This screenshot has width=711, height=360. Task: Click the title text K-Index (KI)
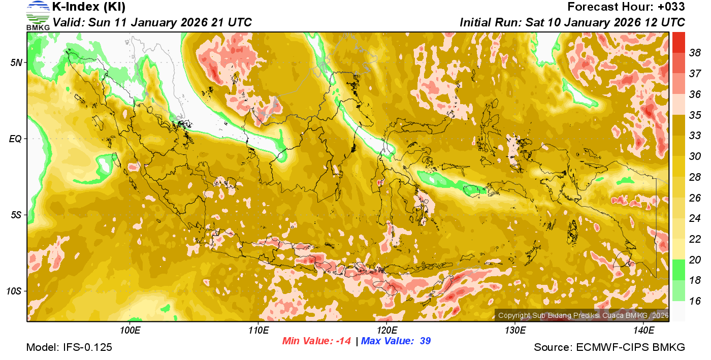(x=89, y=7)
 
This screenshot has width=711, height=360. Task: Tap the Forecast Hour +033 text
(x=626, y=7)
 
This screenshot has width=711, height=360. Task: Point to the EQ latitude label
(x=17, y=139)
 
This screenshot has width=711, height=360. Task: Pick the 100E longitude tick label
(x=130, y=331)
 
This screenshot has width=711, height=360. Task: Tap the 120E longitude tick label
(x=386, y=331)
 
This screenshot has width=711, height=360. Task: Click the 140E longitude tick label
(x=643, y=331)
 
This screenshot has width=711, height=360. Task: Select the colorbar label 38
(x=695, y=53)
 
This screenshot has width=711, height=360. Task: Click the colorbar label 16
(x=695, y=301)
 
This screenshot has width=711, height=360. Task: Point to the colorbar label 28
(x=695, y=177)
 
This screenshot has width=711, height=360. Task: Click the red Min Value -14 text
(x=316, y=341)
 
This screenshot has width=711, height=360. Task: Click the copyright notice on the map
(x=583, y=315)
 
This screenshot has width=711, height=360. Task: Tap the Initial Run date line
(x=572, y=23)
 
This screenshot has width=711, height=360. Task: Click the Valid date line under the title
(x=152, y=23)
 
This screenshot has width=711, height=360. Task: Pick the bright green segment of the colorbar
(x=679, y=270)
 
